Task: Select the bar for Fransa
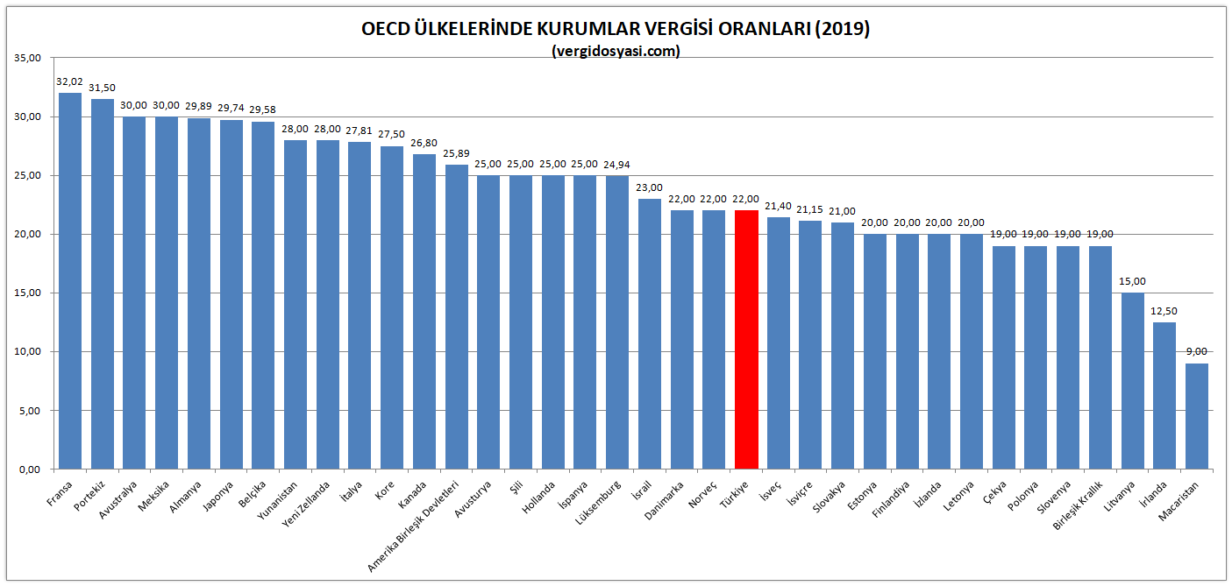pos(69,280)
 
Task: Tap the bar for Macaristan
pos(1197,416)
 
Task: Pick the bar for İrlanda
pos(1164,395)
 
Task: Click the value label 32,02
pos(69,81)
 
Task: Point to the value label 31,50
pos(102,88)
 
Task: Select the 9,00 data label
pos(1197,352)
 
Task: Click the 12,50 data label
pos(1164,311)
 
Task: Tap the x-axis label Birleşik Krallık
pos(1081,506)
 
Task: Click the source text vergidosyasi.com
pos(616,51)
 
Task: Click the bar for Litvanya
pos(1132,381)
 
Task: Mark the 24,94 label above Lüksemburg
pos(617,165)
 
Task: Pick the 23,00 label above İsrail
pos(650,187)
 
